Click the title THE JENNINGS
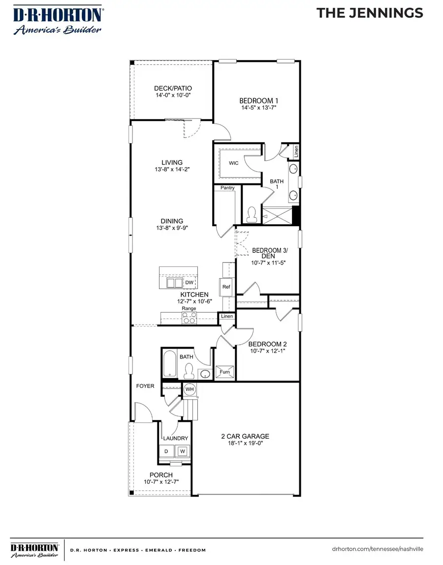(370, 13)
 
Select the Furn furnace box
(224, 372)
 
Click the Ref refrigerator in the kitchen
(226, 287)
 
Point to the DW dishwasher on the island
(190, 283)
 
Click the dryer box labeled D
(166, 451)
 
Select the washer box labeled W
(182, 451)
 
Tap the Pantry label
(227, 188)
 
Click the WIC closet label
(234, 163)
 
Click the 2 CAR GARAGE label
(245, 436)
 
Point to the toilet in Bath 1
(252, 214)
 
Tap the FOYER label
(145, 386)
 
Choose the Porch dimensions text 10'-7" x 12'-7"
(161, 482)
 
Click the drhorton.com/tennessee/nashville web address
(378, 549)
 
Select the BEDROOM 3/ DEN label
(269, 253)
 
